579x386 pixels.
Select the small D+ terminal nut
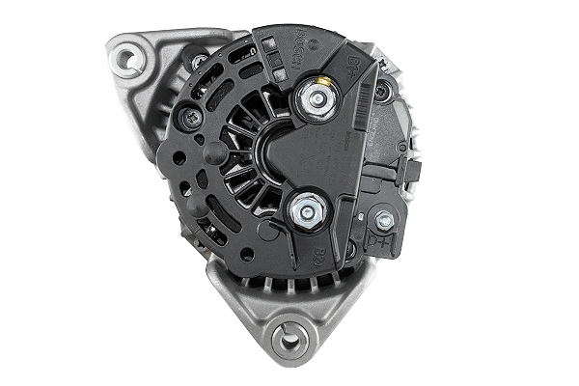(385, 221)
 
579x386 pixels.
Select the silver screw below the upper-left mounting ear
(198, 61)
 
